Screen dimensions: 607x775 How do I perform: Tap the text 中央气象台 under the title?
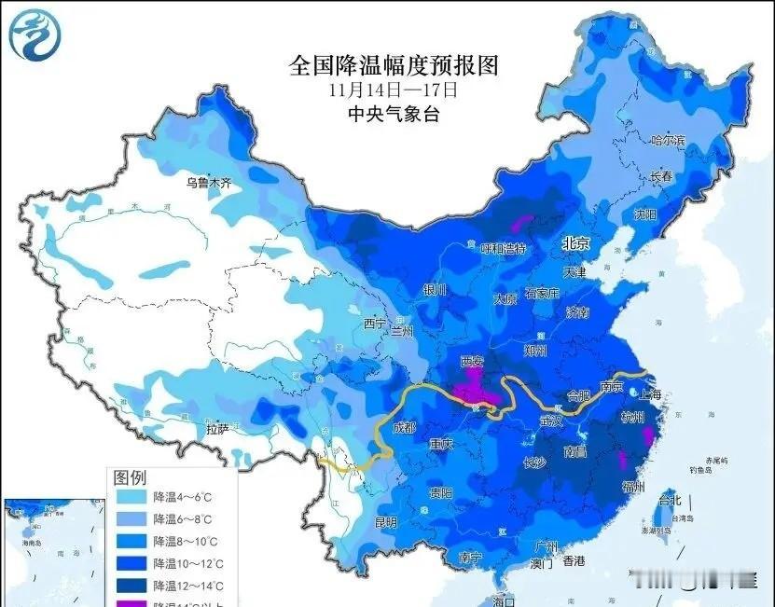[x=393, y=115]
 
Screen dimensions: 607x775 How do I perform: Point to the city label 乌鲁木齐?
[x=207, y=183]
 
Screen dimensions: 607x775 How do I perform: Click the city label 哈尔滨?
[x=668, y=141]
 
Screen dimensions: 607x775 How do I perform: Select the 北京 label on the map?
[x=576, y=243]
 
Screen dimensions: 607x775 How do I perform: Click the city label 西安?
[x=477, y=362]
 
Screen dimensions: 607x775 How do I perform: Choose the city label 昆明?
[x=385, y=522]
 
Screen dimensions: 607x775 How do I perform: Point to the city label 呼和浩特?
[x=503, y=249]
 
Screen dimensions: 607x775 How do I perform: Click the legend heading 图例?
[x=130, y=477]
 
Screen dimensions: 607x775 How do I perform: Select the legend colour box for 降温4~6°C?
[x=131, y=499]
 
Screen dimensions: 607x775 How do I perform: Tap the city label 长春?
[x=661, y=176]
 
